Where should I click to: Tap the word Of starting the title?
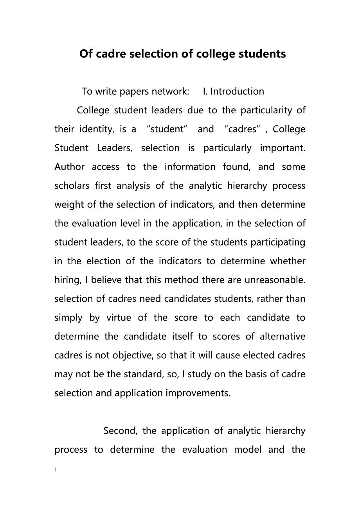[86, 54]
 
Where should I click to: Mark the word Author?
[69, 167]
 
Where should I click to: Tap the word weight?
[67, 204]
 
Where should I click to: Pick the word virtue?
[119, 317]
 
